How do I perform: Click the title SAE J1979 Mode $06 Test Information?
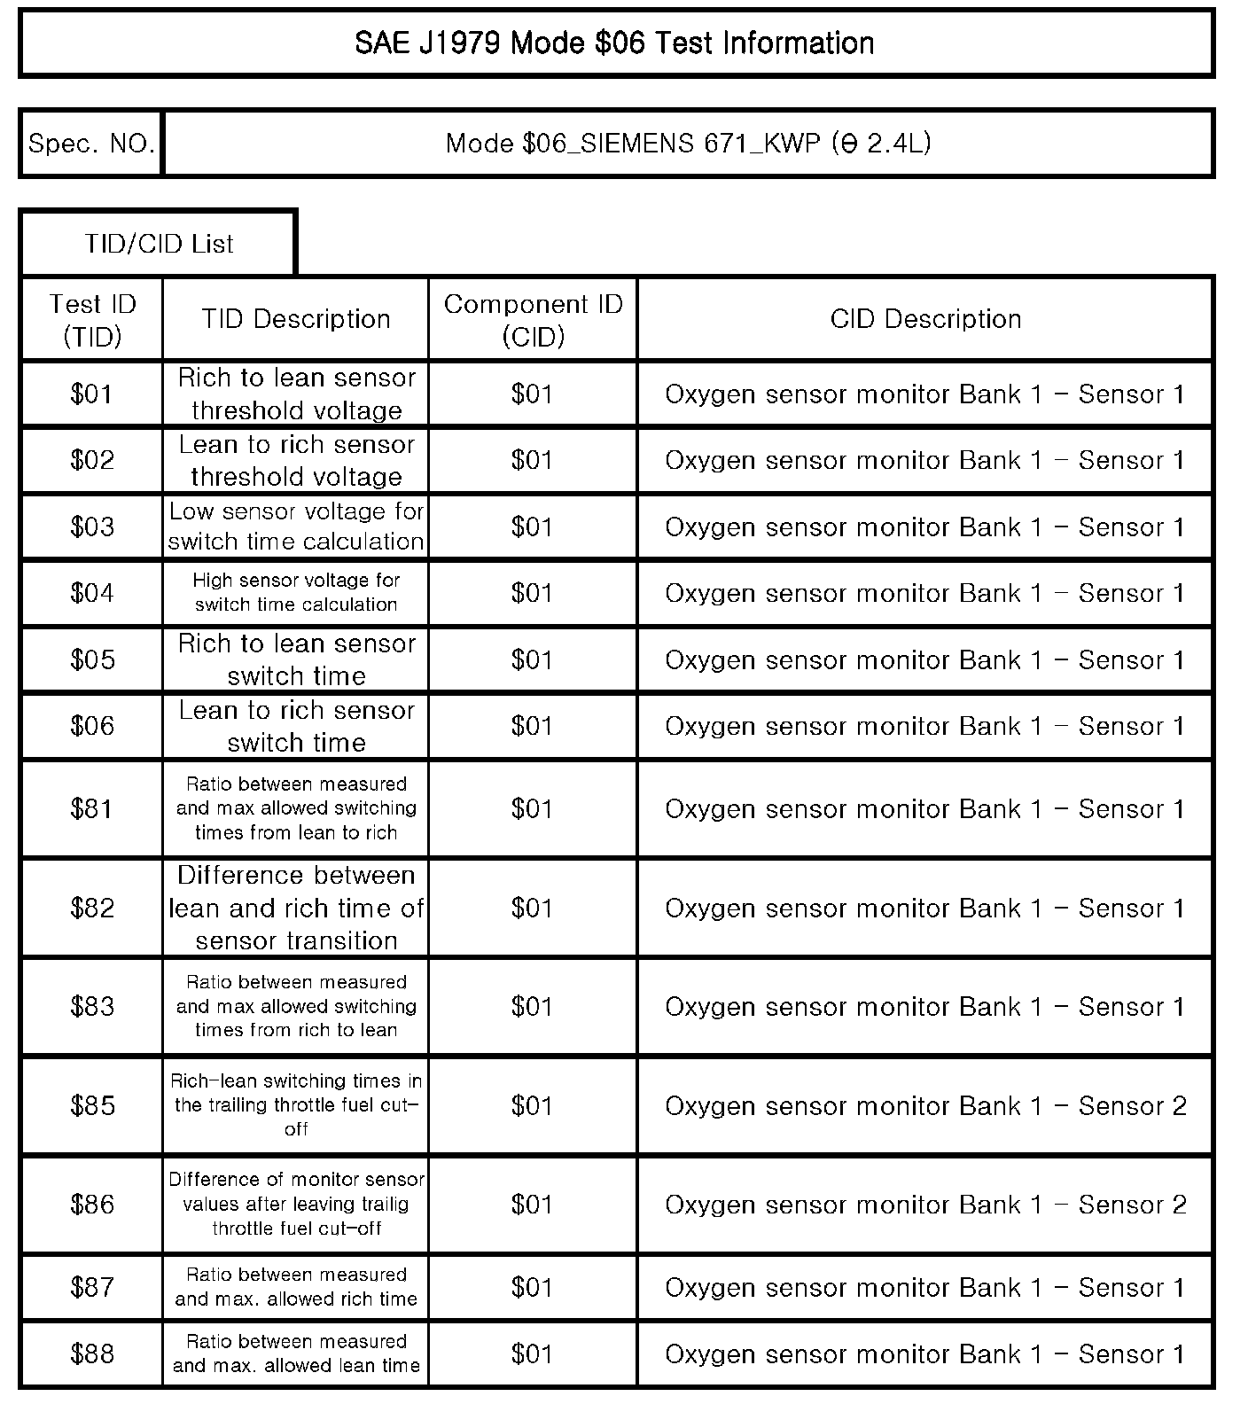(x=615, y=43)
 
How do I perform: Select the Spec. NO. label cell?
(x=91, y=144)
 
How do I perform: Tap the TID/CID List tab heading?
(x=159, y=244)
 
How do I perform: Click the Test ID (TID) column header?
(x=92, y=320)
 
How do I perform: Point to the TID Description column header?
(x=295, y=319)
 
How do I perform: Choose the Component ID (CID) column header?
(x=533, y=320)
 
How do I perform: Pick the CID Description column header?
(x=925, y=319)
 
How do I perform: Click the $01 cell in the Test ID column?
(x=92, y=394)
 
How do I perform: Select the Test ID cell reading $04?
(x=92, y=592)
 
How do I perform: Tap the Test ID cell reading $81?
(x=92, y=808)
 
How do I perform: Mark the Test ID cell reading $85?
(x=92, y=1105)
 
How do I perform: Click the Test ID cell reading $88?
(x=92, y=1353)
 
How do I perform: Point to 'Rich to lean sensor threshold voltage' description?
(x=296, y=394)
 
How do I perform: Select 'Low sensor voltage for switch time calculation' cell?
(x=296, y=526)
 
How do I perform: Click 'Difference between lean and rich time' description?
(x=296, y=908)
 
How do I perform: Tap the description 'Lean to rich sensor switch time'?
(x=296, y=726)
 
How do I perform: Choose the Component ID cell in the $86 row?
(x=533, y=1205)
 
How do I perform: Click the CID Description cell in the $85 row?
(x=925, y=1105)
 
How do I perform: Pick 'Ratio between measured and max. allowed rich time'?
(x=296, y=1287)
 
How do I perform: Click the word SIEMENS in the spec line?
(x=634, y=144)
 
